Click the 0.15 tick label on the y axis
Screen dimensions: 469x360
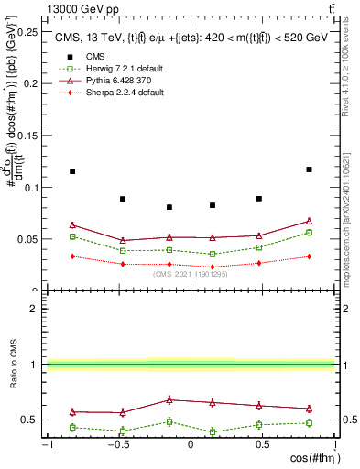pos(29,136)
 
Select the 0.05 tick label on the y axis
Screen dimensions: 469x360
pos(29,239)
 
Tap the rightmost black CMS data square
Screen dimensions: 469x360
pos(310,169)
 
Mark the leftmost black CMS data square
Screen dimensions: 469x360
pos(72,171)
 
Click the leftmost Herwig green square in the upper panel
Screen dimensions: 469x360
pos(72,236)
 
